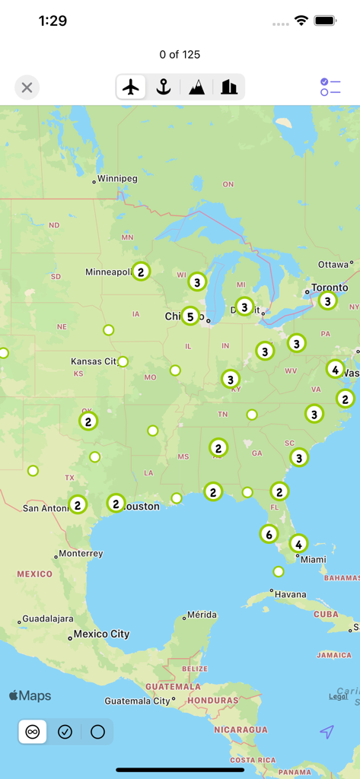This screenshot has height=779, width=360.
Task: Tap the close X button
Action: [27, 87]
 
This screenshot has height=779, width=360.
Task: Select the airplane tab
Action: [132, 87]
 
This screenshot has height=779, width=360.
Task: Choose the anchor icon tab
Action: [164, 87]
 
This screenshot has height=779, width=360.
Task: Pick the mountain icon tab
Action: [196, 87]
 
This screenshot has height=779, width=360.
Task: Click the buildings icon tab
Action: [229, 87]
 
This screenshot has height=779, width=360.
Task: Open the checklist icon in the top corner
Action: [330, 87]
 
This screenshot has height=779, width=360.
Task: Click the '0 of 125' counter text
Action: [180, 55]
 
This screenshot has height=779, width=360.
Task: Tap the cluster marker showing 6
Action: [269, 534]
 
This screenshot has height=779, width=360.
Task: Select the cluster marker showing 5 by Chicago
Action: [190, 315]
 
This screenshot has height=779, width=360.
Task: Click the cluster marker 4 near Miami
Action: [298, 544]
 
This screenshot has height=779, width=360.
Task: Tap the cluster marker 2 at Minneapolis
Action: [141, 272]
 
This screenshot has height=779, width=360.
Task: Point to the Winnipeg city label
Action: [117, 179]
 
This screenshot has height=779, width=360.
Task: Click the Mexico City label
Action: [101, 634]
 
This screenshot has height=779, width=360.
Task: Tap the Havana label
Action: [291, 594]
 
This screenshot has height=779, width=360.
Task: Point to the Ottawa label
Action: [333, 265]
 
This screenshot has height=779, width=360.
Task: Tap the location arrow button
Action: [327, 732]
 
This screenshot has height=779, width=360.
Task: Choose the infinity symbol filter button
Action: [33, 732]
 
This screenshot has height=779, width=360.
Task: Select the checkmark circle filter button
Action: [65, 732]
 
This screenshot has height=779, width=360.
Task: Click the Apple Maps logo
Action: [30, 695]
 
